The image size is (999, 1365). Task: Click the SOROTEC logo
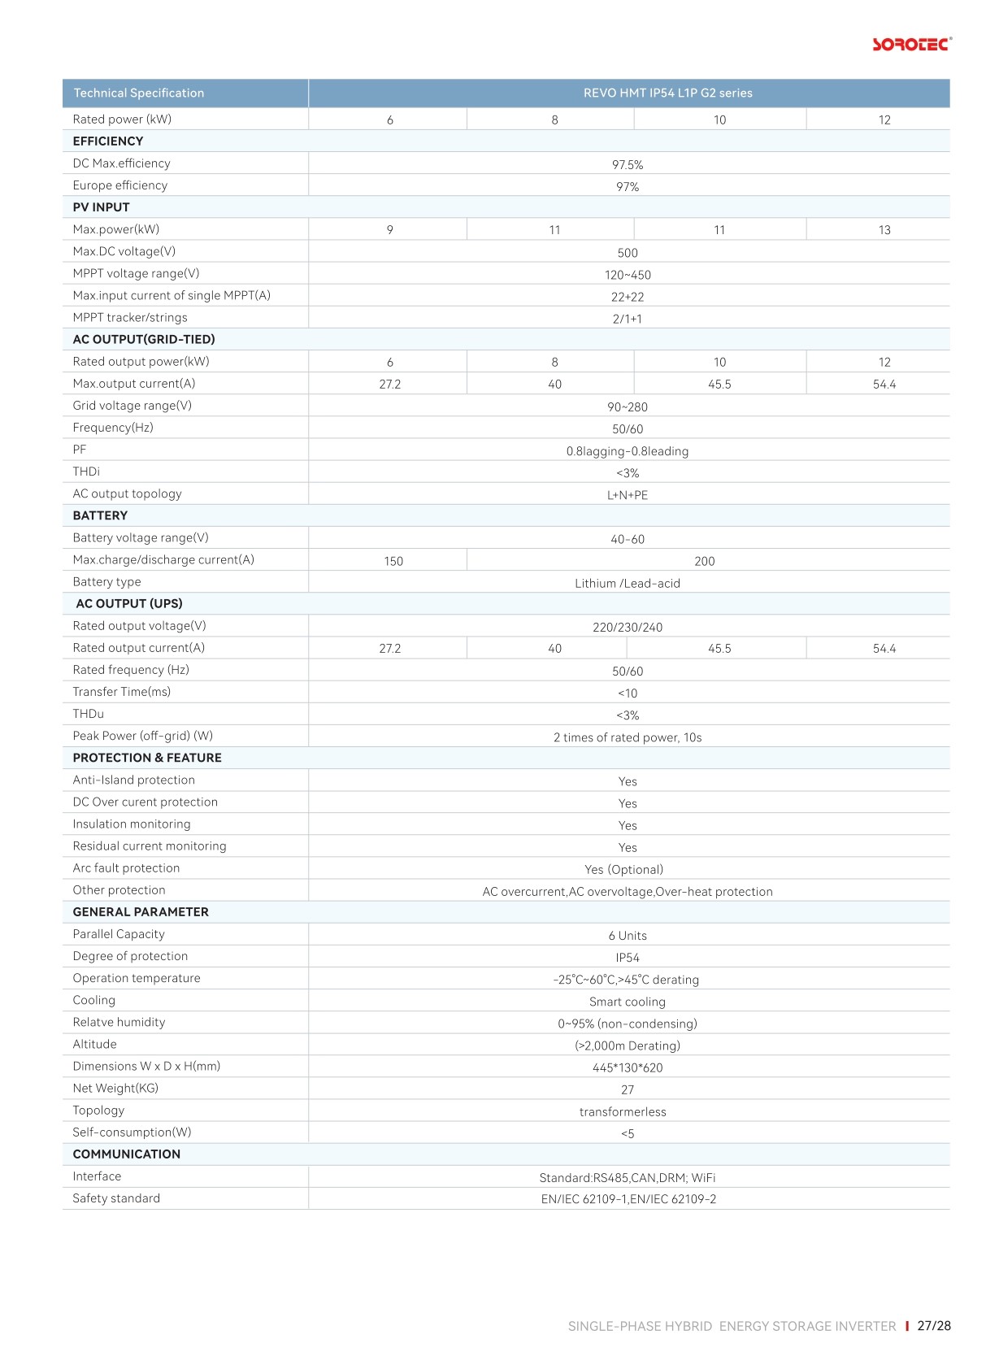pos(911,44)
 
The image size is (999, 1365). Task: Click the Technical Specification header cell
pos(139,93)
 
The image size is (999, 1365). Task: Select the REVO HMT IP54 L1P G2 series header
pos(667,93)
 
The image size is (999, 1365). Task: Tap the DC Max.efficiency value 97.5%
pos(628,164)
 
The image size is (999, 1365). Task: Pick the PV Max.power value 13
pos(884,230)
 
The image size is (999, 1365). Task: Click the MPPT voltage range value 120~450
pos(628,275)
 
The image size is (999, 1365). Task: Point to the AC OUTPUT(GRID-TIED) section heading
pos(144,339)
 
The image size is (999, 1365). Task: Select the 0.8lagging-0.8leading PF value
pos(628,451)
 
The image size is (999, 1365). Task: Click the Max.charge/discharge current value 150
pos(393,561)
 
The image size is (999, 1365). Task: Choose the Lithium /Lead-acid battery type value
pos(628,583)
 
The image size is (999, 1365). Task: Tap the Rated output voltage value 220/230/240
pos(628,627)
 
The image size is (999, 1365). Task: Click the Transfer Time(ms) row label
pos(122,692)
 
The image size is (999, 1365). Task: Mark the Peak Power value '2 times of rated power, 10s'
pos(628,737)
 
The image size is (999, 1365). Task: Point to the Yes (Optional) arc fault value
pos(624,869)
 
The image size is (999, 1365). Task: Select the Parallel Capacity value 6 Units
pos(628,936)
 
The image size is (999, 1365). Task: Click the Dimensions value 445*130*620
pos(628,1067)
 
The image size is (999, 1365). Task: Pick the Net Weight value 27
pos(628,1089)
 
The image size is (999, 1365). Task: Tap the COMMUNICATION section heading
pos(127,1154)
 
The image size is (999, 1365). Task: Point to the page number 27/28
pos(934,1326)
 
